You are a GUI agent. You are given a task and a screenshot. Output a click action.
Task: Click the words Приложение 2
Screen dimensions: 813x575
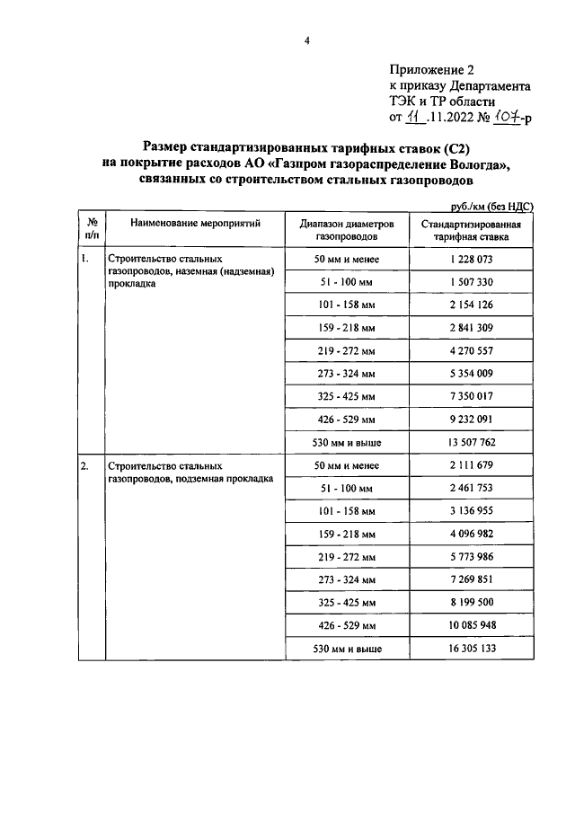[430, 70]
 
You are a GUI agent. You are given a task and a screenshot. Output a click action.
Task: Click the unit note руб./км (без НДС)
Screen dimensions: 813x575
[491, 206]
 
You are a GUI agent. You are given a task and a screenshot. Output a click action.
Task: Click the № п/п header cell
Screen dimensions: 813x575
[92, 228]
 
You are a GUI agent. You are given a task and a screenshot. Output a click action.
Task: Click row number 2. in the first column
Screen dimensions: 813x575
[84, 466]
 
